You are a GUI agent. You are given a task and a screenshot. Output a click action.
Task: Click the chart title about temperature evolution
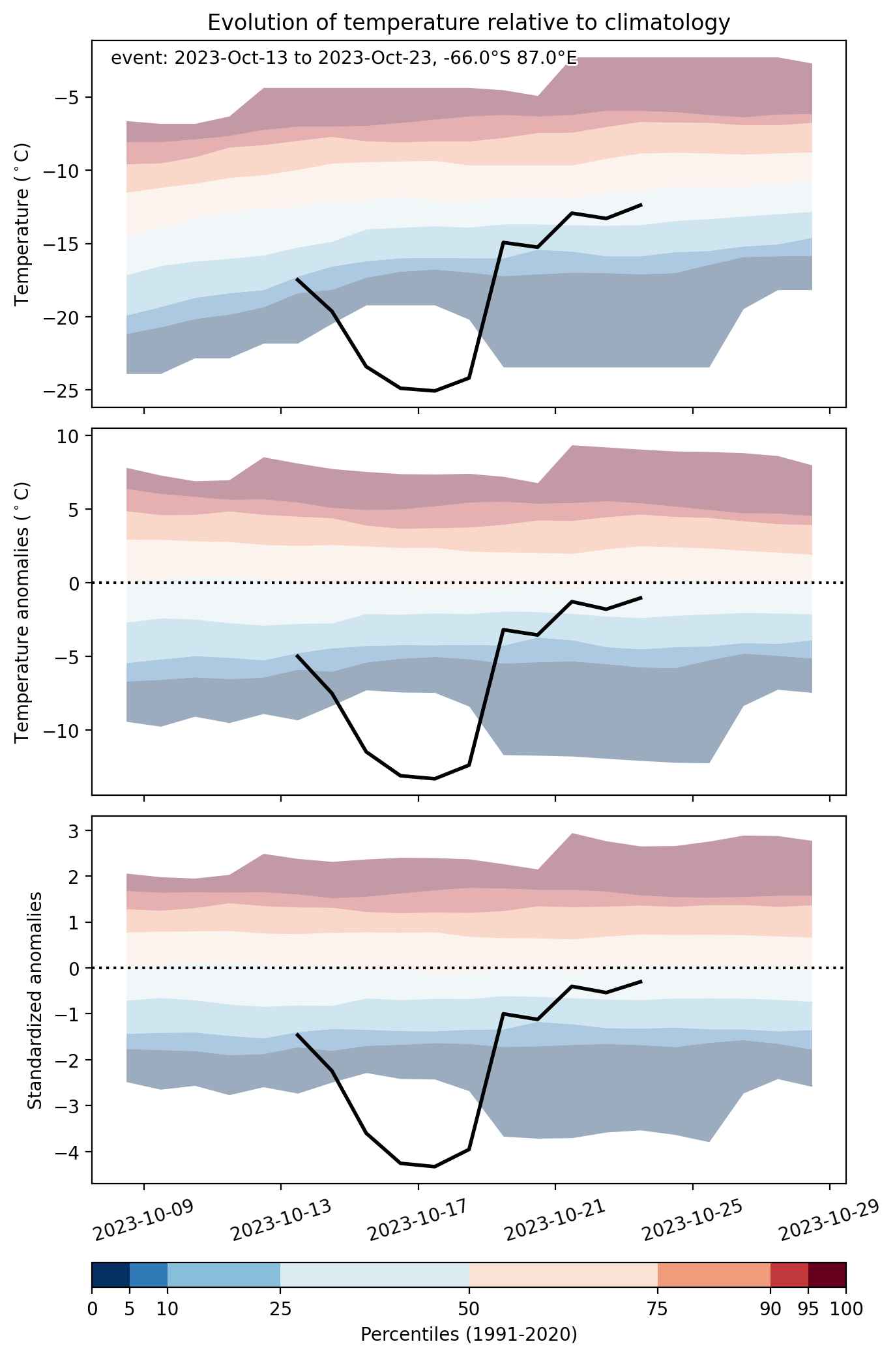[x=469, y=23]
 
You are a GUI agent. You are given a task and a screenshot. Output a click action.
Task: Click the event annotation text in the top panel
[x=344, y=58]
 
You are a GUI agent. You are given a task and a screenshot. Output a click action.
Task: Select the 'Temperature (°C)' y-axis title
[x=23, y=224]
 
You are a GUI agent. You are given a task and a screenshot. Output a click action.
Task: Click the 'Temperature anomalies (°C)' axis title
[x=23, y=611]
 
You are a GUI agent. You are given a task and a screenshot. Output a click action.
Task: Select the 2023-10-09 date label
[x=143, y=1220]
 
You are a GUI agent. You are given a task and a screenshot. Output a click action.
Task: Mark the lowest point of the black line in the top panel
[x=435, y=390]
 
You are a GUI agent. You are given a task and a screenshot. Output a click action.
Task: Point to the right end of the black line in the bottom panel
[x=641, y=981]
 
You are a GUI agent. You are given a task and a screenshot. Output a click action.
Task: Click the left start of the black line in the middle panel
[x=297, y=656]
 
